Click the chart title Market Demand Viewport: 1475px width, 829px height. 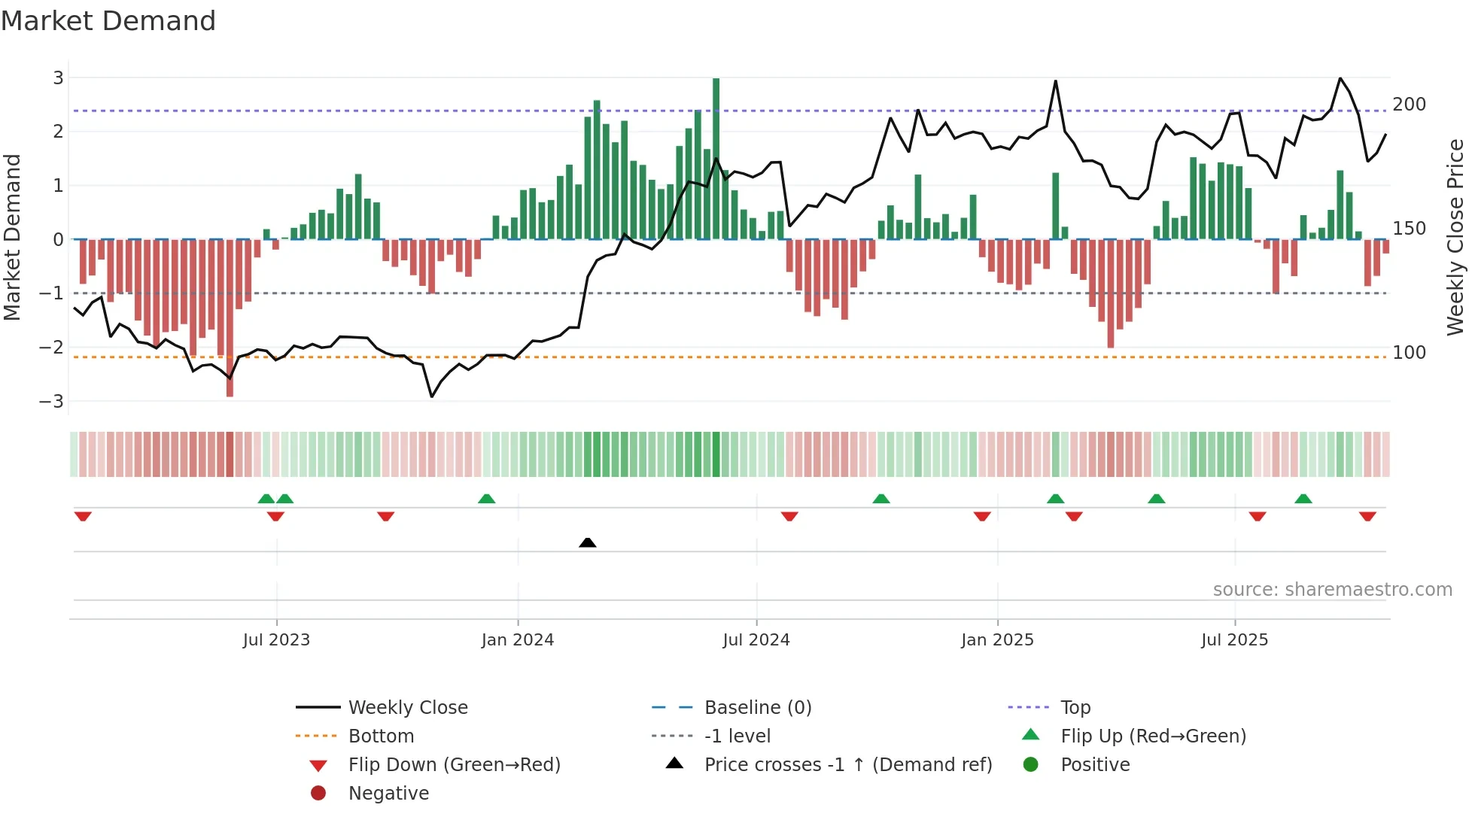pos(108,21)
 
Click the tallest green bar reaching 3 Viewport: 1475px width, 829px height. pos(716,158)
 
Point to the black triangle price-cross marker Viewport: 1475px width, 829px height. pos(588,542)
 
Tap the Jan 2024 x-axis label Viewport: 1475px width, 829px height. pos(517,640)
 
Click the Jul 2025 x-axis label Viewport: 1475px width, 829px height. pos(1234,640)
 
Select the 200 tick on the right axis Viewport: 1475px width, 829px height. pos(1409,105)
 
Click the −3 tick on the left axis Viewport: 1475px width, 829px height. pos(51,402)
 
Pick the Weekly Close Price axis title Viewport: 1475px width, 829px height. pos(1455,237)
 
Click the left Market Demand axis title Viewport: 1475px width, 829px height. pos(12,237)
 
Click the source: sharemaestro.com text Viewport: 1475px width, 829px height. pos(1332,590)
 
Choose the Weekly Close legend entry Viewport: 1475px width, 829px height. pos(407,708)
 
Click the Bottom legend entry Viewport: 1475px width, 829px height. pos(381,736)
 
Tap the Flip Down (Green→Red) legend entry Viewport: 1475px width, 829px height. pos(454,765)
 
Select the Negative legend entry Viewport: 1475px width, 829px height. pos(388,794)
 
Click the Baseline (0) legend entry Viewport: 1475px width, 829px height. pos(757,708)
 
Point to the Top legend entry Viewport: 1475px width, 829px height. pos(1075,708)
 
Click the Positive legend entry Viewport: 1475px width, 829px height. pos(1094,765)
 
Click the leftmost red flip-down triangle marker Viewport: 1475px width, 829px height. pos(83,516)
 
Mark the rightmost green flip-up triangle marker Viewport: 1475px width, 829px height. pos(1303,499)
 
